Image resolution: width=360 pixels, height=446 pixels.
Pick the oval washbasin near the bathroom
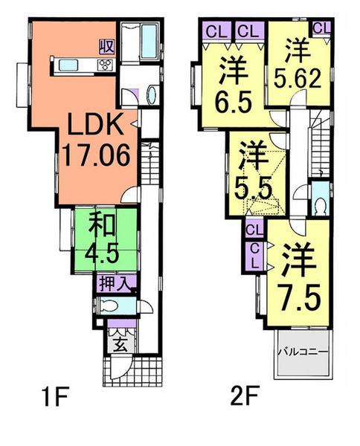click(152, 95)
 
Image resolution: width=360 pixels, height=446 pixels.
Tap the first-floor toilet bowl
click(109, 305)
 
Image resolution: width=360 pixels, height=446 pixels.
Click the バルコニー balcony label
click(303, 352)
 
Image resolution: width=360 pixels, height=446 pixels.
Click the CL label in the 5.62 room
click(322, 28)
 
